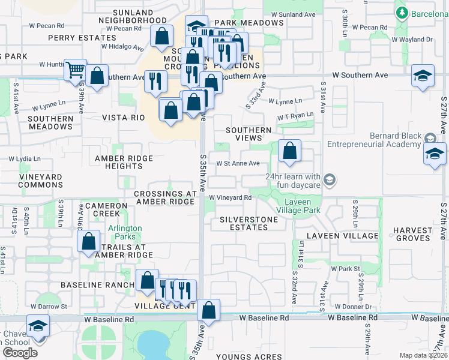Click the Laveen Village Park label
pos(298,206)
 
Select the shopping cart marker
pos(75,70)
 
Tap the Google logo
pos(20,353)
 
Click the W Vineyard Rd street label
pos(230,197)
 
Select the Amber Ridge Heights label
pos(124,162)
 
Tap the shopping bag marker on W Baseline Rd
pos(208,310)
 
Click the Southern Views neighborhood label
pos(249,134)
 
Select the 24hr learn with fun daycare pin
pos(329,179)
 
